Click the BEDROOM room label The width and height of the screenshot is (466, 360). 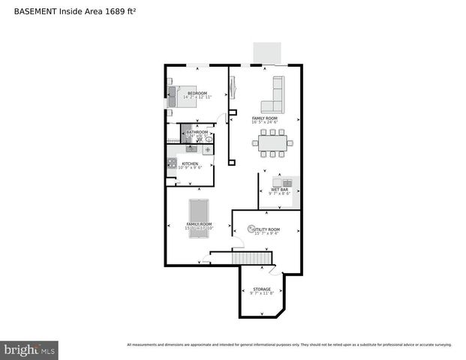click(x=197, y=93)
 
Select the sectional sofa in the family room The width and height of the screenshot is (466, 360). click(x=272, y=99)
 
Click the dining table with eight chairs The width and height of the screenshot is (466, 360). click(x=272, y=142)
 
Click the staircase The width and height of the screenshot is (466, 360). click(x=251, y=259)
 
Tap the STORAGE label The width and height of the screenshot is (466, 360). click(x=261, y=289)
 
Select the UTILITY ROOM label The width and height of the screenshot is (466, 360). click(x=266, y=229)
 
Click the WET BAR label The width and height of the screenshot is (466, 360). click(x=279, y=190)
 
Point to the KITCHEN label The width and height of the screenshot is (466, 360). click(x=190, y=163)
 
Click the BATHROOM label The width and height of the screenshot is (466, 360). click(x=197, y=132)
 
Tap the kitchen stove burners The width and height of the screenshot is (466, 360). click(x=171, y=163)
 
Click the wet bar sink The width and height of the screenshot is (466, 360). click(x=287, y=182)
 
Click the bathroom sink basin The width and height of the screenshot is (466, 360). click(x=209, y=139)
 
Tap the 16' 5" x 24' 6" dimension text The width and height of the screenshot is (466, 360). click(x=264, y=123)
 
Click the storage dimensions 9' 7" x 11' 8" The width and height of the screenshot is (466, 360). click(x=261, y=294)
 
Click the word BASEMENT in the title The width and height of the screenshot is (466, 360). click(x=32, y=12)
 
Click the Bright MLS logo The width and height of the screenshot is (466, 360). click(x=29, y=349)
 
